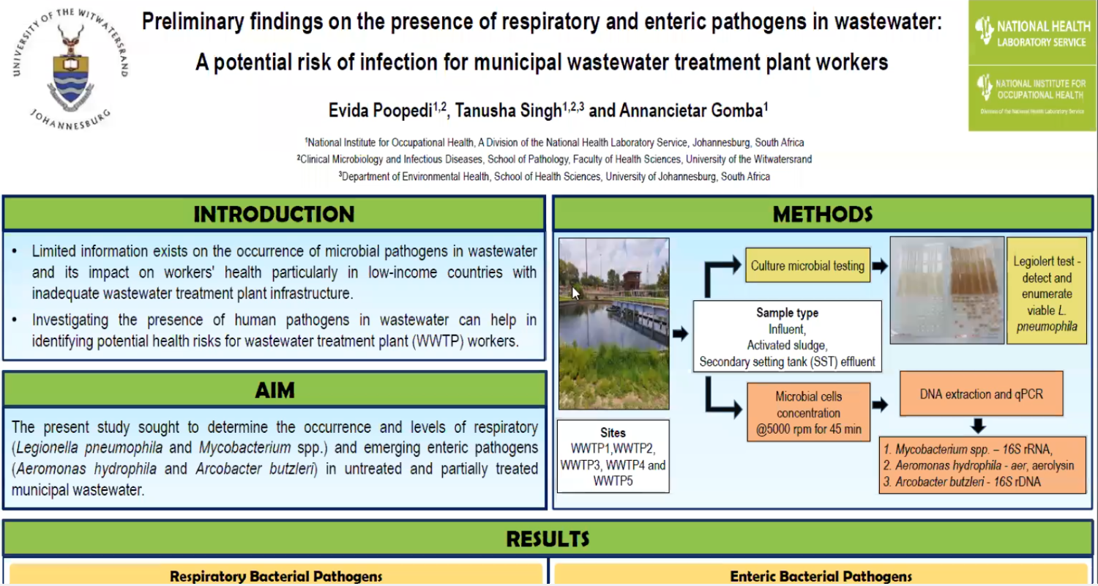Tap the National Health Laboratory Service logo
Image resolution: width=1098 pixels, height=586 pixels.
pos(1032,32)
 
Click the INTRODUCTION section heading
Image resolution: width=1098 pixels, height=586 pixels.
pos(274,215)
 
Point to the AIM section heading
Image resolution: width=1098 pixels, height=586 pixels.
pos(275,390)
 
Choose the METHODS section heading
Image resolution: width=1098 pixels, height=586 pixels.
pos(823,215)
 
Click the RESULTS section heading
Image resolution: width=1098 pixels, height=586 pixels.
pos(548,539)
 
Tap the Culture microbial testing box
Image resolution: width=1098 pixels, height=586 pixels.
pos(808,266)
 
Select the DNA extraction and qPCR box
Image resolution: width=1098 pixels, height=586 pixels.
pos(982,394)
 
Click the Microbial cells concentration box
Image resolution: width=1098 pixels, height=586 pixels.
pos(808,412)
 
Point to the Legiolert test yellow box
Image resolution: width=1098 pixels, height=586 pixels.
pos(1047,290)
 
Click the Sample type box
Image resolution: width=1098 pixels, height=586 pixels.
pos(787,336)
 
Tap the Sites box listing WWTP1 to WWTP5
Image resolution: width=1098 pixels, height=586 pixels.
pos(613,456)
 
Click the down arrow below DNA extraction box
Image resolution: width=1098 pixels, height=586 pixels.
pos(979,426)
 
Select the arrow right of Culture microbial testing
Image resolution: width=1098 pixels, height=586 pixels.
pos(880,266)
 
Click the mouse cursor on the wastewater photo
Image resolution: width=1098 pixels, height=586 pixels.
pos(575,293)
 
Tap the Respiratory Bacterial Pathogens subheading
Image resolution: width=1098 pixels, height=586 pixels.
pos(276,576)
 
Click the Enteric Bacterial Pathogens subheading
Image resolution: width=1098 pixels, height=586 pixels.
pos(821,576)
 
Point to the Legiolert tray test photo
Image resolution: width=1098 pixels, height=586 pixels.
pos(947,290)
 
